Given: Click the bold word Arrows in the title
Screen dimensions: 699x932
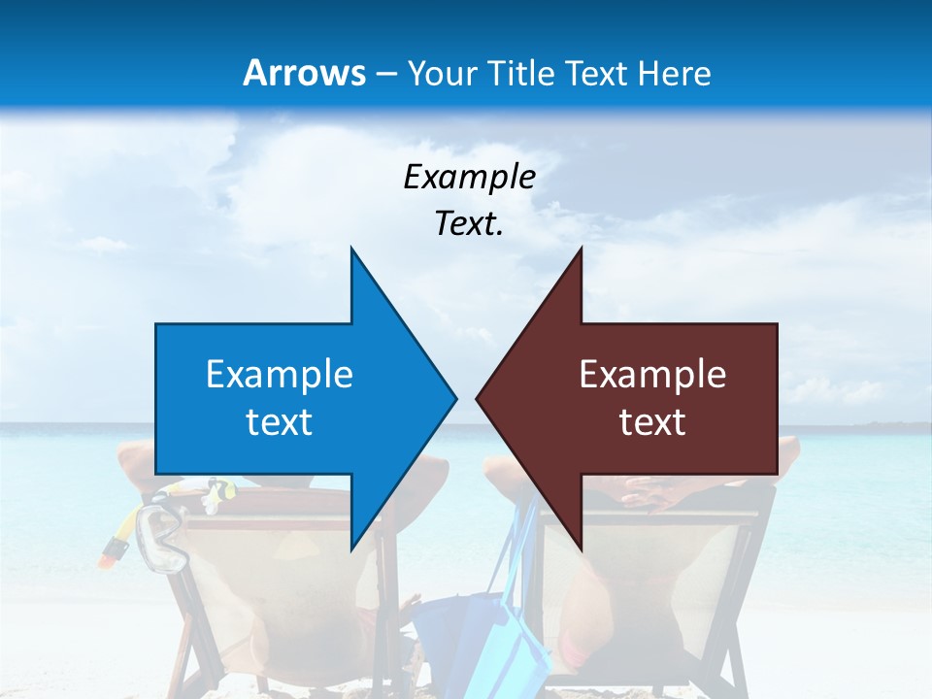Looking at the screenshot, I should pyautogui.click(x=305, y=73).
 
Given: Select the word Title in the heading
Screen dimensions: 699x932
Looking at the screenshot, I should pyautogui.click(x=525, y=73).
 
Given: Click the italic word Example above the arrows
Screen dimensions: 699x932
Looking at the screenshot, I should pyautogui.click(x=469, y=177).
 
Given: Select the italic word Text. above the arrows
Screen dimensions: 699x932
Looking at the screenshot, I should pyautogui.click(x=469, y=223).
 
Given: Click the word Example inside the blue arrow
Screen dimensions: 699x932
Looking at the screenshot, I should pyautogui.click(x=280, y=374).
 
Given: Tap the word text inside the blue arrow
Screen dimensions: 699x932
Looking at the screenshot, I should pyautogui.click(x=280, y=422).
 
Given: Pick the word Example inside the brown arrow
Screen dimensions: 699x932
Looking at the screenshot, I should pyautogui.click(x=652, y=374).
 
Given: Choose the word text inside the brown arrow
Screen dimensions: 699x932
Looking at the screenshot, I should pyautogui.click(x=652, y=422).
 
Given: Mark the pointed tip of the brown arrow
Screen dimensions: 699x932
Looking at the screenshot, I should pyautogui.click(x=478, y=397).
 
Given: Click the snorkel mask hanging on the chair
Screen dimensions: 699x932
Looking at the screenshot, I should pyautogui.click(x=161, y=539).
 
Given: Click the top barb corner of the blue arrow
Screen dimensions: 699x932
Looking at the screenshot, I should pyautogui.click(x=351, y=250).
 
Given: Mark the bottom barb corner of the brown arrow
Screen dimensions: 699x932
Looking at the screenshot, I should pyautogui.click(x=581, y=548).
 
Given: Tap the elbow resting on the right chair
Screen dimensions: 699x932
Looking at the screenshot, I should pyautogui.click(x=788, y=449).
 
